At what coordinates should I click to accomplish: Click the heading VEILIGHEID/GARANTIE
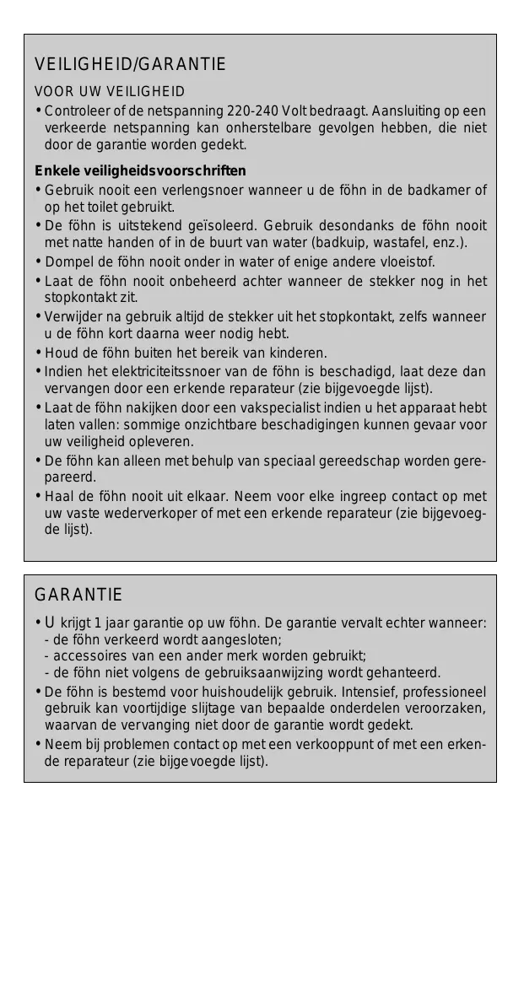(130, 64)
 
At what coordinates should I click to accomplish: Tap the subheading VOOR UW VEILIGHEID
(110, 91)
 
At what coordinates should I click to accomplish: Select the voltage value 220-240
(255, 111)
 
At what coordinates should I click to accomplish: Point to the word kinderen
(300, 353)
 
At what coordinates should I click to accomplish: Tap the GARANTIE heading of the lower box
(78, 595)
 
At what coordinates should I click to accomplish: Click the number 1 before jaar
(98, 623)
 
